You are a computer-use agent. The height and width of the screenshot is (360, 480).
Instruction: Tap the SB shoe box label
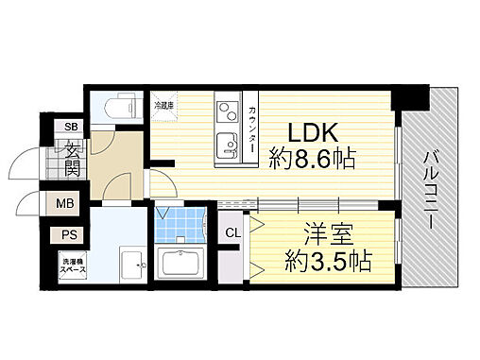(72, 127)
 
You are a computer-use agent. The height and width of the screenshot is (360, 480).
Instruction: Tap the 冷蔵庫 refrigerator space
(163, 106)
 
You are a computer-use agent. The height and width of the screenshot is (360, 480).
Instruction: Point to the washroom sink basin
(132, 264)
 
